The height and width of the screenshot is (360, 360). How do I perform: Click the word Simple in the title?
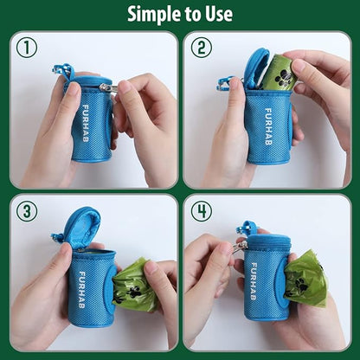154,14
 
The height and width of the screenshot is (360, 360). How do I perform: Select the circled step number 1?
27,48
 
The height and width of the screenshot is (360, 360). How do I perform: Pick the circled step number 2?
201,48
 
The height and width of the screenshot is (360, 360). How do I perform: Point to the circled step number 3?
27,211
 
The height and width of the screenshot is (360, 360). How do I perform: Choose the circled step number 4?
201,211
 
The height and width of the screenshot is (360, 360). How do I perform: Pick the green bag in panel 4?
305,278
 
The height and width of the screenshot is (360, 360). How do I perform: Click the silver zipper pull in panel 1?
106,87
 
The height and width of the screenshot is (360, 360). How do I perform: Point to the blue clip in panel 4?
247,229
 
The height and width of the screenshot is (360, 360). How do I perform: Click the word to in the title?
190,14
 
